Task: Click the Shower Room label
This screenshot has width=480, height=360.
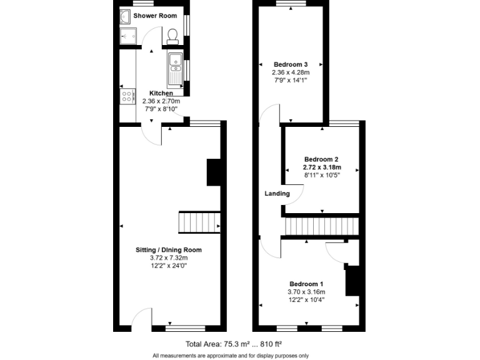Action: coord(154,16)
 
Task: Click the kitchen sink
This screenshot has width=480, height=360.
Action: coord(174,69)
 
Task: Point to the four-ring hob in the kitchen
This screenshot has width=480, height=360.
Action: coord(127,96)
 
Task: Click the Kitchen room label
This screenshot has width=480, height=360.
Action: coord(161,93)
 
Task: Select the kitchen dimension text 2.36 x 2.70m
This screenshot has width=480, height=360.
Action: coord(161,101)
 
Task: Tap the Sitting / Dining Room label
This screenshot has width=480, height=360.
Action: coord(169,250)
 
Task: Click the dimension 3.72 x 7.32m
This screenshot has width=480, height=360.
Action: coord(169,257)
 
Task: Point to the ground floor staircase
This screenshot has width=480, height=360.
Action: coord(200,222)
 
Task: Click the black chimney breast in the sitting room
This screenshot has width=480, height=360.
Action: coord(214,172)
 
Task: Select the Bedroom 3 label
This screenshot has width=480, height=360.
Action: coord(291,64)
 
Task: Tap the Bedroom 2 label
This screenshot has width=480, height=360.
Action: coord(321,159)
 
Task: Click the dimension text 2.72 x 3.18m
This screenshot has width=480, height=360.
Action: coord(322,167)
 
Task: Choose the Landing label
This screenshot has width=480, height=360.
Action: coord(277,194)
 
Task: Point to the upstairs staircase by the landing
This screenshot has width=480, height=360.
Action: coord(322,226)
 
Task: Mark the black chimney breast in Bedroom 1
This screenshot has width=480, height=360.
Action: coord(353,280)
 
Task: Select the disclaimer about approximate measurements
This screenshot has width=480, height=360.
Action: coord(231,356)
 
